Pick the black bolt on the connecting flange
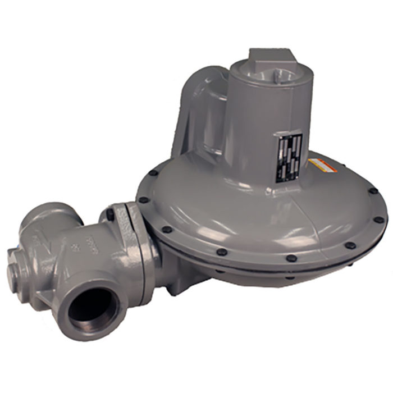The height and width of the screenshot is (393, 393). (109, 214)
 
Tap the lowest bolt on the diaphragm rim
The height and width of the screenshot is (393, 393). (291, 259)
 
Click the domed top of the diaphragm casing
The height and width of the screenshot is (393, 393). (236, 202)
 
